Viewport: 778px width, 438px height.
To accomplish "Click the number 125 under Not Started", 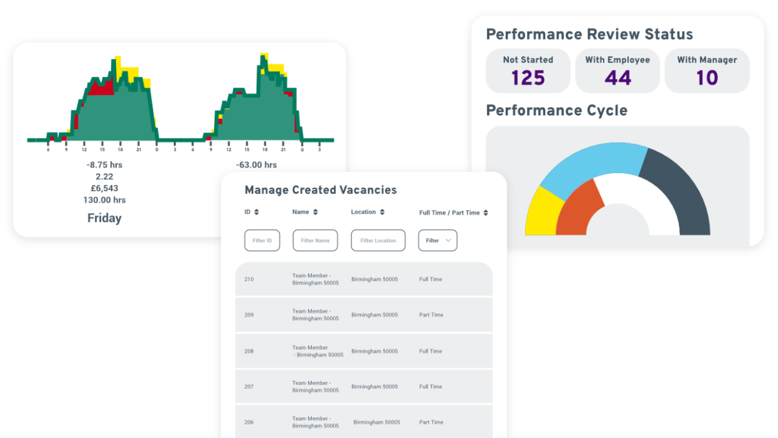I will click(x=528, y=79).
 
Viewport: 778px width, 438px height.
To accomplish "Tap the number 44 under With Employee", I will click(x=617, y=79).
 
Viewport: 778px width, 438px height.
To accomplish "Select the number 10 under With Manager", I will click(x=707, y=79).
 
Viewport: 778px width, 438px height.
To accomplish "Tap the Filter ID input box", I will click(x=262, y=241).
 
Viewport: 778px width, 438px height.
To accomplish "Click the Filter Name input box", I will click(x=315, y=241).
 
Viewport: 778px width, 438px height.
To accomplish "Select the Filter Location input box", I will click(x=378, y=241).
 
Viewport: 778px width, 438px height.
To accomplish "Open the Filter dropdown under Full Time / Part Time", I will click(x=438, y=241).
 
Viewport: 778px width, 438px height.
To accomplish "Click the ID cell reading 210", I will click(x=249, y=280).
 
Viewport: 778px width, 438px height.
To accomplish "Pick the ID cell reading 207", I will click(x=249, y=387).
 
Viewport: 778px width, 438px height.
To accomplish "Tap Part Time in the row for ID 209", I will click(x=431, y=315).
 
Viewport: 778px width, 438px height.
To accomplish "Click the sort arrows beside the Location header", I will click(x=383, y=212).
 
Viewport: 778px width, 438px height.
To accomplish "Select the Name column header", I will click(x=301, y=212).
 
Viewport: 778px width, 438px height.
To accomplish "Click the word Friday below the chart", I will click(x=104, y=219).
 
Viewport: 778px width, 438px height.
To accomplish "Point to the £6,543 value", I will click(x=104, y=188).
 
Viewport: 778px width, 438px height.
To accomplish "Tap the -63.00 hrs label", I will click(x=256, y=165).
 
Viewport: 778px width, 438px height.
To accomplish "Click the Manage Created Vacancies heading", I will click(x=320, y=190).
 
